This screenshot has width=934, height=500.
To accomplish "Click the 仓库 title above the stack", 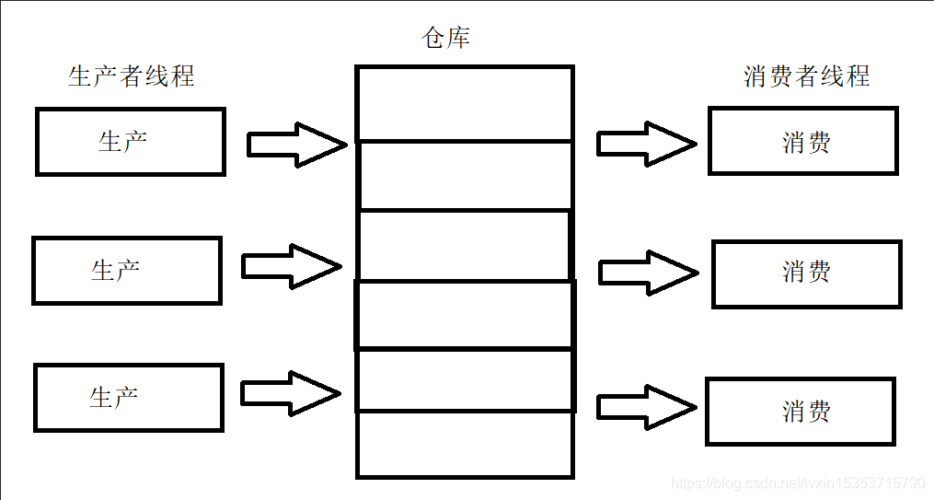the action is point(445,37).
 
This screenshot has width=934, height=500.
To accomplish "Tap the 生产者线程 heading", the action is point(132,76).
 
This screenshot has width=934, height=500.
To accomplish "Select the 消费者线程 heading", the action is point(806,76).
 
